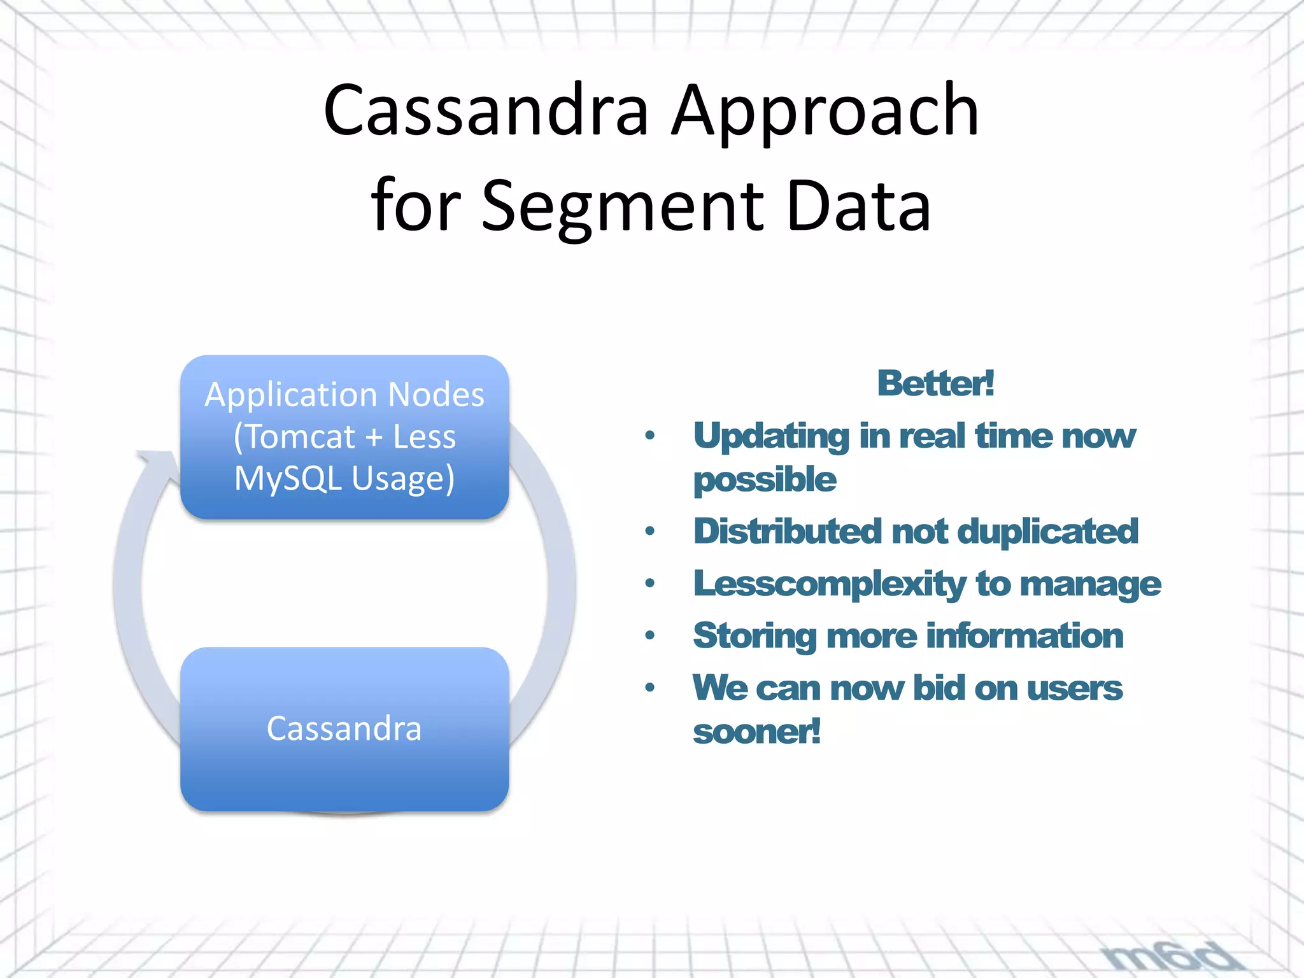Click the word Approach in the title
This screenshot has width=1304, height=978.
coord(825,111)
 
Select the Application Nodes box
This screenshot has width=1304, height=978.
coord(344,437)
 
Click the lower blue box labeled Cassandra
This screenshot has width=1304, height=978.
coord(344,729)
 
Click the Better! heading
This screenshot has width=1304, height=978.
coord(935,383)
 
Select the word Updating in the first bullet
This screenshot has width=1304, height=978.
coord(770,437)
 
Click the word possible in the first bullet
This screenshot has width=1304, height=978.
coord(764,479)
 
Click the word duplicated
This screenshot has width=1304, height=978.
coord(1047,532)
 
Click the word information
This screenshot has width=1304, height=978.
coord(1025,636)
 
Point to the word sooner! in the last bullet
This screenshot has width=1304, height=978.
coord(756,732)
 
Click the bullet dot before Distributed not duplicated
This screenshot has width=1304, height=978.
coord(649,531)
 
